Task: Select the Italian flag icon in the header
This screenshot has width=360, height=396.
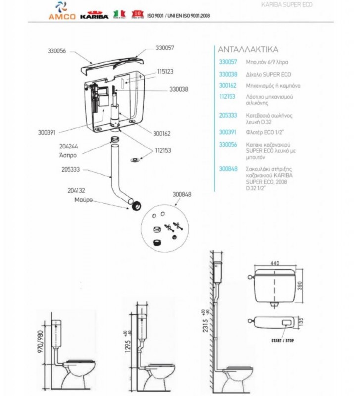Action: (119, 13)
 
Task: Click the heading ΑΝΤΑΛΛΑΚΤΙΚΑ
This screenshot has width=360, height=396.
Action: (248, 49)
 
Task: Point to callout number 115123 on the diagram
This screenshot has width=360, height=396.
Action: (165, 72)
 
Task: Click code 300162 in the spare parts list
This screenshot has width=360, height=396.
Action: (228, 86)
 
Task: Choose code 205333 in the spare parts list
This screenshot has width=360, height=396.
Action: (228, 115)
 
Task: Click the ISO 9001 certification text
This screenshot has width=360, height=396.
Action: (179, 16)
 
